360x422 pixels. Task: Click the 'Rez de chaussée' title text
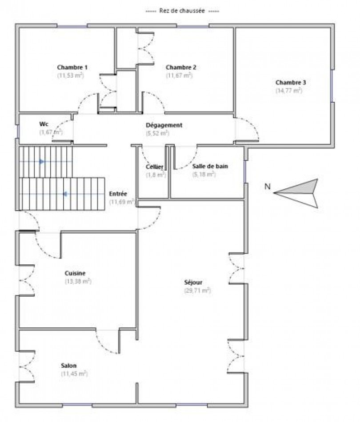(182, 11)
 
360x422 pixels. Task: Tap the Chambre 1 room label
(72, 68)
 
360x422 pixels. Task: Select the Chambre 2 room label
(181, 68)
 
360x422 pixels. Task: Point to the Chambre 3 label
(291, 83)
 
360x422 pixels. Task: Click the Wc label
(44, 124)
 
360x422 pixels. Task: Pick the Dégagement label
(164, 125)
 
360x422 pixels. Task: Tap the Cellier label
(155, 167)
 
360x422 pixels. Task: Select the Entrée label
(118, 194)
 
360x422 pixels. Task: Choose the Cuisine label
(75, 274)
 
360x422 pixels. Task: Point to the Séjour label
(194, 282)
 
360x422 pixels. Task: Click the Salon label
(69, 366)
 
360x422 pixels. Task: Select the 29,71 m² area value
(197, 291)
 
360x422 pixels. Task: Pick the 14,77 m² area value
(289, 91)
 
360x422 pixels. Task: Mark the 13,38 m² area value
(78, 281)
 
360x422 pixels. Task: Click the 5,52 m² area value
(158, 133)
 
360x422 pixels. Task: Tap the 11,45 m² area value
(74, 374)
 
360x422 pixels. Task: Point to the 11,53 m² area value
(71, 76)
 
